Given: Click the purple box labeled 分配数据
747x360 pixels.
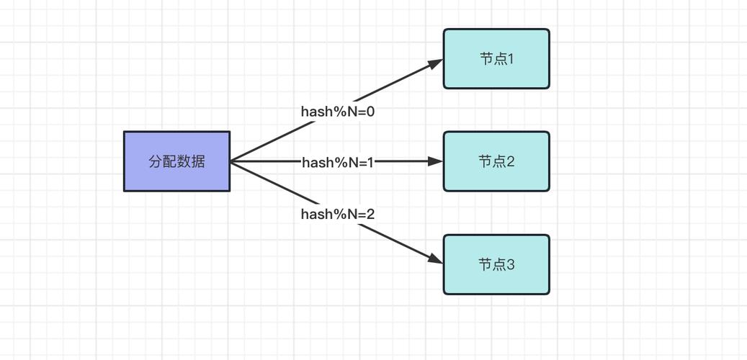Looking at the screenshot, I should [176, 161].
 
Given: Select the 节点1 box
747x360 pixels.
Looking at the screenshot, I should [496, 59].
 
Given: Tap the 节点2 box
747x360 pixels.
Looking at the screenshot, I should [496, 161].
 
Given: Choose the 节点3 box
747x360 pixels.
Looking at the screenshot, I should [496, 264].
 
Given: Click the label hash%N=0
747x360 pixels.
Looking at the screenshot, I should [338, 112].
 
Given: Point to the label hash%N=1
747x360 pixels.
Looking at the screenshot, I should [338, 163].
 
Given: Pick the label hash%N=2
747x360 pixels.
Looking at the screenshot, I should [338, 214].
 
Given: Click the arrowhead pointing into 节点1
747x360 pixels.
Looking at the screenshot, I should [436, 63].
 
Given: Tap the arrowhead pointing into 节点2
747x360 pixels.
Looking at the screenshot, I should [436, 161].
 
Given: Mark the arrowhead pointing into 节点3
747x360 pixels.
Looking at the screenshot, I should [436, 259].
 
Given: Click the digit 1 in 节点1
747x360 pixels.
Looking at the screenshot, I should [511, 59].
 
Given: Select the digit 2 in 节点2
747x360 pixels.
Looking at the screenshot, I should [511, 161].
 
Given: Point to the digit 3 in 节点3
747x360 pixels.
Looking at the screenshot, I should [511, 265].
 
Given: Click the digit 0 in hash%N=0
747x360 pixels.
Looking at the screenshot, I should [370, 112].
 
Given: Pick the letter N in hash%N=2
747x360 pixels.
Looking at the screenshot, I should [354, 214].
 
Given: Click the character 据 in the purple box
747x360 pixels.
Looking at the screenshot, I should [198, 161].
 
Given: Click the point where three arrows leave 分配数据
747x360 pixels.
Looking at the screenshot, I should [231, 161].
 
